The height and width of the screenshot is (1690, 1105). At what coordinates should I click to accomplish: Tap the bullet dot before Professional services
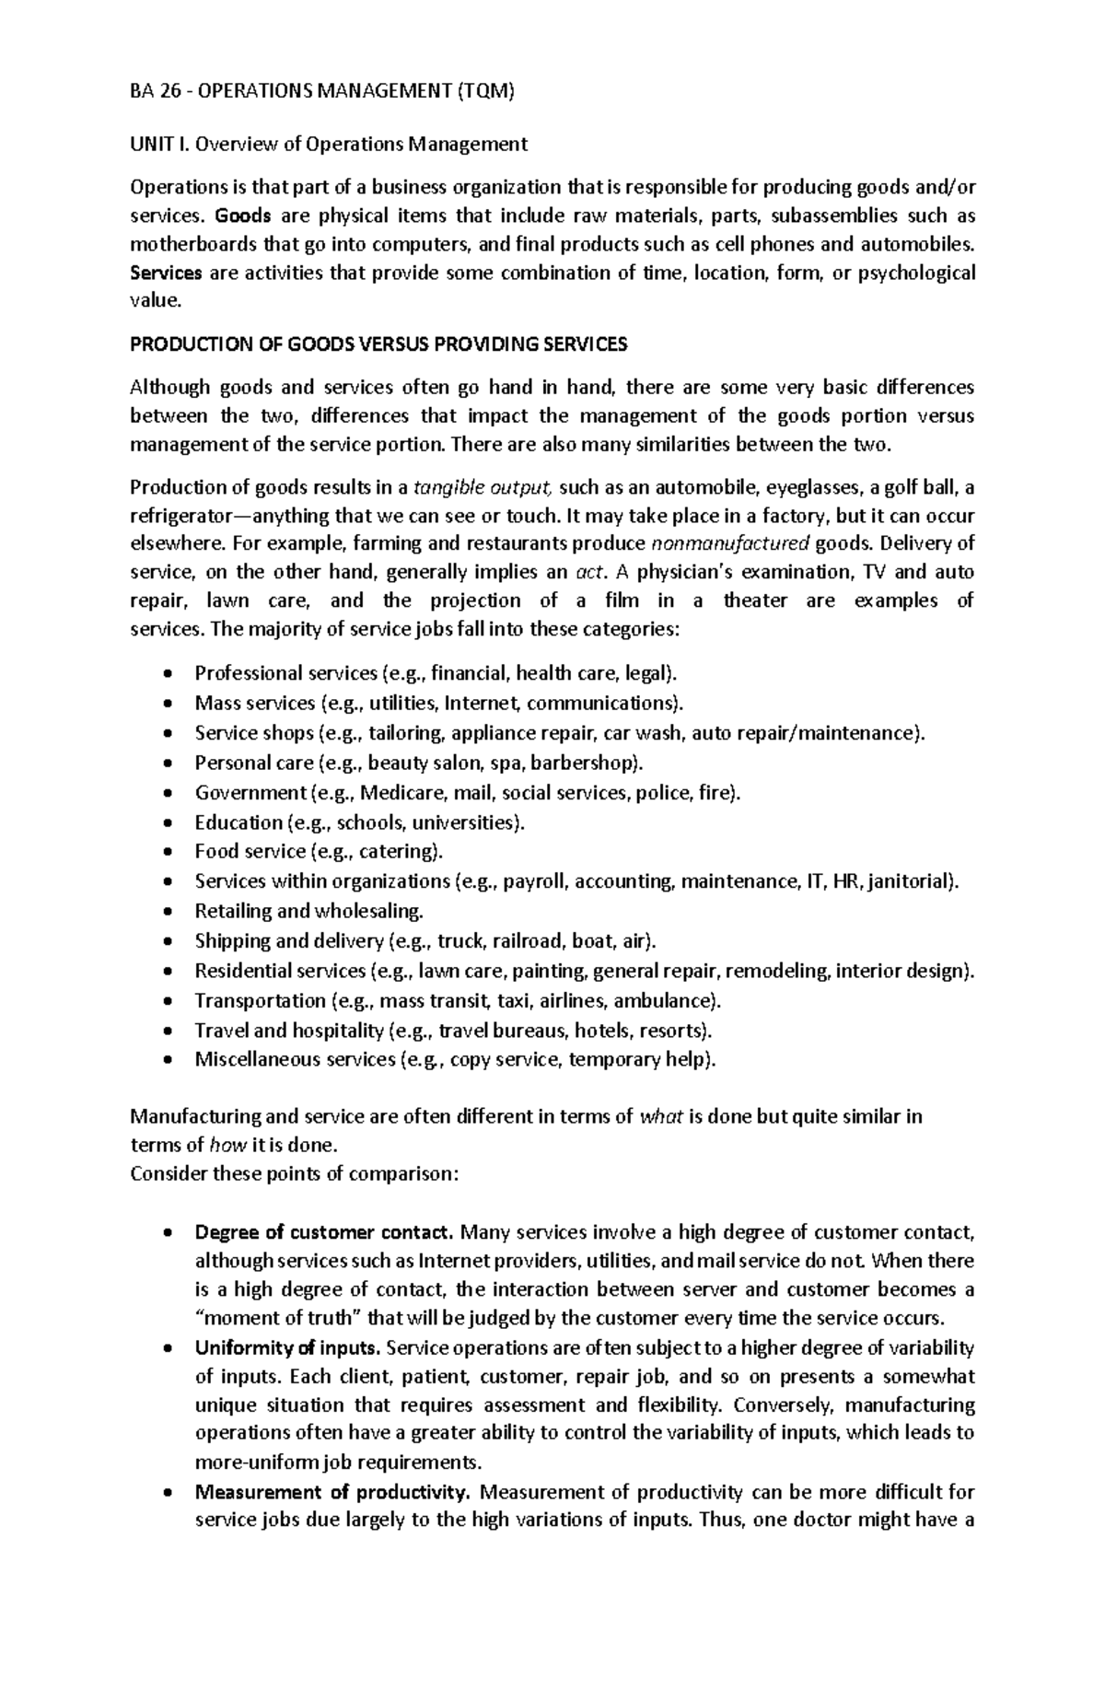coord(167,674)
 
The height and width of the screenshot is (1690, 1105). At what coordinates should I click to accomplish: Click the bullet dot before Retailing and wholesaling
coord(167,912)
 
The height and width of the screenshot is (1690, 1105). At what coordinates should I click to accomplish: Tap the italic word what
coord(661,1117)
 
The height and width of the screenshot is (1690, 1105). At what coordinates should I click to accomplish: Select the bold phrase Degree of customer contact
coord(324,1232)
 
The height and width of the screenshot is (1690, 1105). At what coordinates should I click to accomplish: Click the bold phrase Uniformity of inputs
coord(287,1348)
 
